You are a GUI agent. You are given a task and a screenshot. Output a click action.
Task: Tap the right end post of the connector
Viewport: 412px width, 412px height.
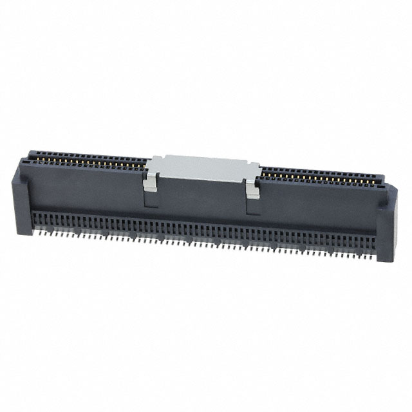click(x=386, y=222)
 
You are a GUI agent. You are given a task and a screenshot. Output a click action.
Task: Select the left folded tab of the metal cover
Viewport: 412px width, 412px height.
click(x=149, y=181)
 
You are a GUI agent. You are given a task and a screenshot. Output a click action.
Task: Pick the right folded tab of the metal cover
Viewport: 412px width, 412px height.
click(x=252, y=189)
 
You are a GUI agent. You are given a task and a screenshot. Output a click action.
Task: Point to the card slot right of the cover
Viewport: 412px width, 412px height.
click(x=322, y=175)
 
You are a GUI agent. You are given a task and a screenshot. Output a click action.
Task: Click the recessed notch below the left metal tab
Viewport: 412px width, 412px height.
click(x=151, y=197)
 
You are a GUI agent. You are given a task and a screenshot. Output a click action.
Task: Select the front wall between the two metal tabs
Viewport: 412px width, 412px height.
click(x=201, y=200)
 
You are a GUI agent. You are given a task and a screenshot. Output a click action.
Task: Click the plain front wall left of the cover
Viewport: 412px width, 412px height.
click(x=84, y=190)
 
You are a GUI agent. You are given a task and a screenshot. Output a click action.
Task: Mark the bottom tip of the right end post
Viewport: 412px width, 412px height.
click(x=385, y=259)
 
